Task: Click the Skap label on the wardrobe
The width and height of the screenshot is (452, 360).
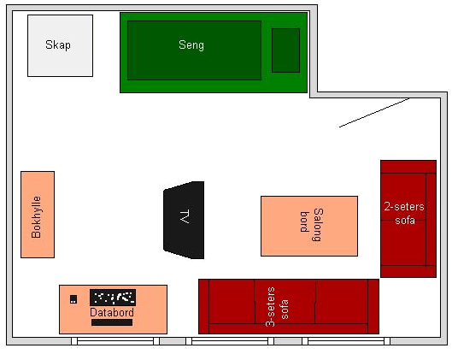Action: (x=58, y=45)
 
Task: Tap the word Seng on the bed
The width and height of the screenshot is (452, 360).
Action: (x=191, y=45)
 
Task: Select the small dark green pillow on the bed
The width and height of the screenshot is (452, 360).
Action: (x=285, y=50)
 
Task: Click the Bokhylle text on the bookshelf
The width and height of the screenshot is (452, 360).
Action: (x=37, y=217)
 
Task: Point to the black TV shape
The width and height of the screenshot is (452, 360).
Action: (x=184, y=220)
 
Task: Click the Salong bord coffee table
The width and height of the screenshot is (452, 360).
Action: (x=309, y=226)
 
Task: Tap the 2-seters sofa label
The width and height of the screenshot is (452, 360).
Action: (x=404, y=214)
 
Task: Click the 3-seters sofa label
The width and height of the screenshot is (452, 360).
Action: (x=277, y=307)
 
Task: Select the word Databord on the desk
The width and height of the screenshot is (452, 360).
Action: (x=112, y=312)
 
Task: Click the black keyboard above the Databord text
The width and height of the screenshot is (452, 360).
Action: (x=113, y=298)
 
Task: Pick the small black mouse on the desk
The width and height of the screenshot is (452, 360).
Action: (x=73, y=299)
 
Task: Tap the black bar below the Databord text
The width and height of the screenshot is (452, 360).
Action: (x=112, y=322)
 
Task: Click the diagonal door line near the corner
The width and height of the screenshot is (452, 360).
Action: (x=374, y=113)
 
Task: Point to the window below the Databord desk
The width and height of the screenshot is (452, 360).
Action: (x=115, y=341)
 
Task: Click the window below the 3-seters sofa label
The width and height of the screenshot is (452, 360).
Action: (x=230, y=341)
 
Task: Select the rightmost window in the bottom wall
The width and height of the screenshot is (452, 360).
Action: (x=346, y=341)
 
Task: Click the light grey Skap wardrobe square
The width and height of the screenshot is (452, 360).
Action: (x=61, y=46)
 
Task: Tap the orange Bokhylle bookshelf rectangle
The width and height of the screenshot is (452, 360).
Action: (x=38, y=215)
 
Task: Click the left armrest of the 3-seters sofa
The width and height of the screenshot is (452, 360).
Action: (x=204, y=306)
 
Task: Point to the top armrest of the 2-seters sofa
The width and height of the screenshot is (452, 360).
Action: (x=408, y=167)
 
